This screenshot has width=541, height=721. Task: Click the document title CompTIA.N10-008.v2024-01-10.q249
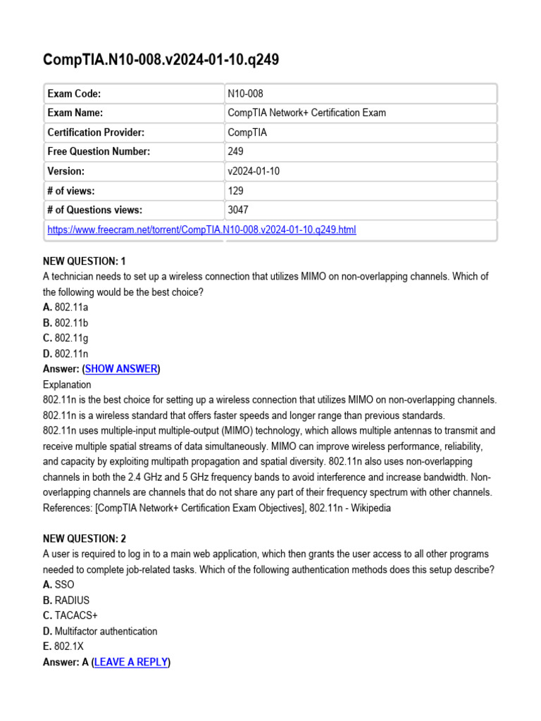pos(161,60)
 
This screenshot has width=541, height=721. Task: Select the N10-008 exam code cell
pos(245,94)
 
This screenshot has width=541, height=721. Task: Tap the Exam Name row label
pos(75,113)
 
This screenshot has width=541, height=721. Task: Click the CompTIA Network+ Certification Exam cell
pos(306,113)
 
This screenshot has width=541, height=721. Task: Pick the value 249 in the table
pos(235,151)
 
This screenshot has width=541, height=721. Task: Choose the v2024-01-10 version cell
pos(254,171)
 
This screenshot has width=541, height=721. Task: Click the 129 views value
pos(235,190)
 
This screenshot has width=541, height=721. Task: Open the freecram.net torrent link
pos(201,230)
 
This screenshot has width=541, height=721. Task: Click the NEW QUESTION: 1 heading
pos(85,261)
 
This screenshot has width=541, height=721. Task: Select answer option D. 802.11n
pos(66,353)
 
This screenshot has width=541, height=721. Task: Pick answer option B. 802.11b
pos(66,322)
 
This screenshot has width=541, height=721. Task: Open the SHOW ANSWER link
pos(121,369)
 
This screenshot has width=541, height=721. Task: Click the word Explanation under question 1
pos(67,384)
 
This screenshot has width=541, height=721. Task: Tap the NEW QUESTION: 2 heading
pos(85,539)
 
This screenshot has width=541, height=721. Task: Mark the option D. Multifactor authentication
pos(100,631)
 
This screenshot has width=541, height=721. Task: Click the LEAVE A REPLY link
pos(131,662)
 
